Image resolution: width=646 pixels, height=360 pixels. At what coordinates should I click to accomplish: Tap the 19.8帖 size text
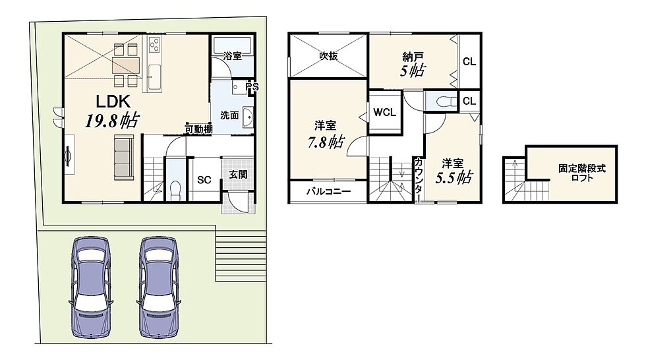111,120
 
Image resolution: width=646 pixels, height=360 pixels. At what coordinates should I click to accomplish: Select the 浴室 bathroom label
232,56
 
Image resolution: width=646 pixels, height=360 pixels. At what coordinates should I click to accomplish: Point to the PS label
252,87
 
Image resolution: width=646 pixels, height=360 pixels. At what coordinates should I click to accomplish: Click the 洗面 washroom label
229,115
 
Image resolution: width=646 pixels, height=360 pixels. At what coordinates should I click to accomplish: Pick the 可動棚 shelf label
198,129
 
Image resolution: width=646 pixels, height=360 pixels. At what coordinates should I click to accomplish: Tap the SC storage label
204,180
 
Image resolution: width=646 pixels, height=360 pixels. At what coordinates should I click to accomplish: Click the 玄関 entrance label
238,175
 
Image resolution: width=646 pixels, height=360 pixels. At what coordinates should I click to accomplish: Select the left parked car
91,287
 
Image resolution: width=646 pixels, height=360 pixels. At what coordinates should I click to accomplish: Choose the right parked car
159,287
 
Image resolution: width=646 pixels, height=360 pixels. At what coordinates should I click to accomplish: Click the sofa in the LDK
124,159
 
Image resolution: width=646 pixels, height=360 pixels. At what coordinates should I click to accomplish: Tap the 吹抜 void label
328,55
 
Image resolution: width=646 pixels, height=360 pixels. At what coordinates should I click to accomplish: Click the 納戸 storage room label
413,57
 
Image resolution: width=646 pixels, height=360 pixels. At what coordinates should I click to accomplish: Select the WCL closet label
384,112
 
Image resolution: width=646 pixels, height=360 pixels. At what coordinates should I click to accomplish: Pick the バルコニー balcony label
328,191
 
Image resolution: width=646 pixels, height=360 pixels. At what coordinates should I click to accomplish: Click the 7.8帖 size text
326,142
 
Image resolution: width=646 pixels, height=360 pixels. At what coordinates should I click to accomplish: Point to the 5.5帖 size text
454,177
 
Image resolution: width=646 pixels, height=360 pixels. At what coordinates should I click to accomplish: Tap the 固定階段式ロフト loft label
582,173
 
